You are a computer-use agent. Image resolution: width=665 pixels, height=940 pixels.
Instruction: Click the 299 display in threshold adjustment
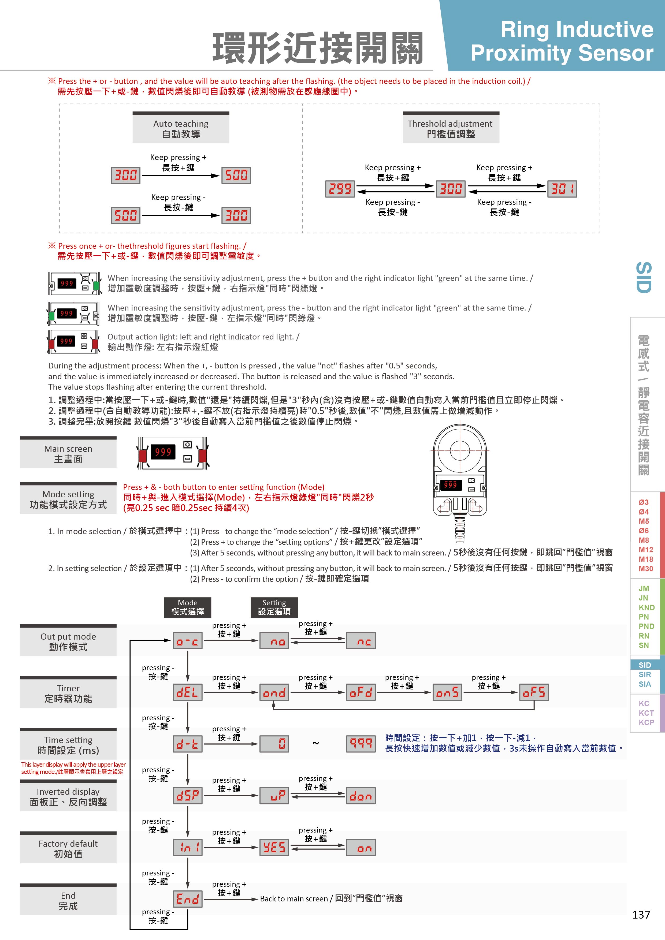(340, 189)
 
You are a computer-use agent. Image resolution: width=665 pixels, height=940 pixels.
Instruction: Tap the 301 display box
(562, 189)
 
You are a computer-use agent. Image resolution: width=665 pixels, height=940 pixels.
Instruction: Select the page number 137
(641, 915)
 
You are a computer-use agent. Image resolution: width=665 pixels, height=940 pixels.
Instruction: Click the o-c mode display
(188, 641)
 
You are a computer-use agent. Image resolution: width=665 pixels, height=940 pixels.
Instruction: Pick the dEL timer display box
(188, 692)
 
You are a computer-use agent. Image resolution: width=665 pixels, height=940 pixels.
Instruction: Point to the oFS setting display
(534, 692)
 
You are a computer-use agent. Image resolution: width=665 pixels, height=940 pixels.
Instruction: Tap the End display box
(188, 899)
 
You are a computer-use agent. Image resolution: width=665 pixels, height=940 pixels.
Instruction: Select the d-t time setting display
(188, 744)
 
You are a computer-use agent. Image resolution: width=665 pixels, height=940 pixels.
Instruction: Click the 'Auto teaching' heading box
(181, 129)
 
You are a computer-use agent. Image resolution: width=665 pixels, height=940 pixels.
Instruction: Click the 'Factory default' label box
(68, 849)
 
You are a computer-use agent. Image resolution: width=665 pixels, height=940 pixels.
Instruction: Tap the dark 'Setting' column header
(274, 607)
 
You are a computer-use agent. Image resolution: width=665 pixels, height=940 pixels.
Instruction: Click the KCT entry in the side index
(646, 713)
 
